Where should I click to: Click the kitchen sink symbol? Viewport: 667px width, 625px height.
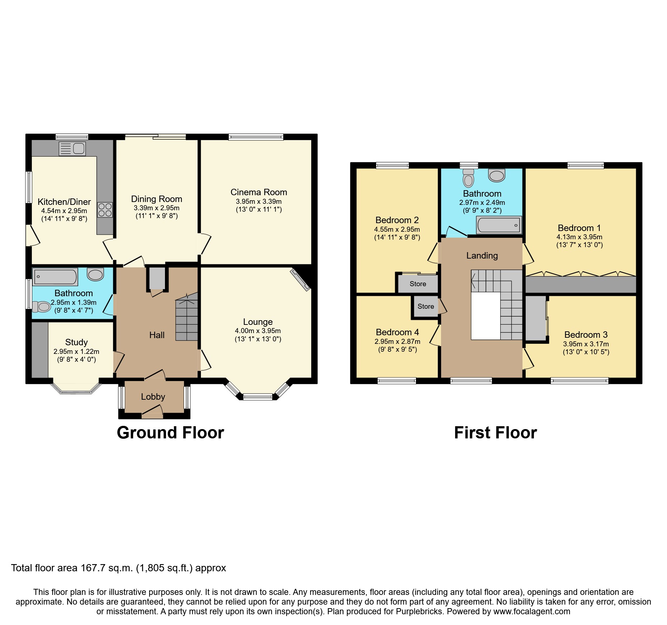pos(72,148)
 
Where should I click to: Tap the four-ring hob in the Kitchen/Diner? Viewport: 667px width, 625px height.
pos(105,210)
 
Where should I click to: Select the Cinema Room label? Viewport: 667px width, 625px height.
pos(259,192)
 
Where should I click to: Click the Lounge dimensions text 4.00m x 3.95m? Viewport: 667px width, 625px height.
pos(258,331)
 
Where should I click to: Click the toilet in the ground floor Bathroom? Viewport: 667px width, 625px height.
pos(41,307)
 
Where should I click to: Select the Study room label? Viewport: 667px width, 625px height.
pos(76,342)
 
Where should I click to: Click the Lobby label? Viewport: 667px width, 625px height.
pos(153,397)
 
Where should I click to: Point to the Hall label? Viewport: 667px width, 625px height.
pos(157,335)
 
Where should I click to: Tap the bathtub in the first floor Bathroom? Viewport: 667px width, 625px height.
pos(498,225)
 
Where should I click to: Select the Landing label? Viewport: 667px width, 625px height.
pos(482,256)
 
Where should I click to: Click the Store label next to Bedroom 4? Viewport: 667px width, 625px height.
pos(426,307)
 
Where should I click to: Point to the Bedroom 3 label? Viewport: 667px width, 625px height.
pos(586,335)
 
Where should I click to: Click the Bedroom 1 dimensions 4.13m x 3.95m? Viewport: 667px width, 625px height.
pos(579,237)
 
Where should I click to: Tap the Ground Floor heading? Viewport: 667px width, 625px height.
pos(170,433)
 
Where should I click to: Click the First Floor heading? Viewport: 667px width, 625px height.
pos(495,433)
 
